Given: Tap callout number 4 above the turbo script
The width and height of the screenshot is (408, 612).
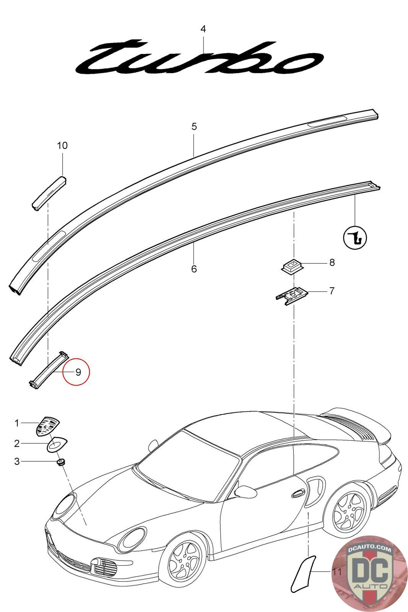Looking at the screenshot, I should (x=203, y=29).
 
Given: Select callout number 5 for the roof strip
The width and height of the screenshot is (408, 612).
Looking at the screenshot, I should (x=194, y=127).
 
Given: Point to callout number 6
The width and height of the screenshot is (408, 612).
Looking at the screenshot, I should (x=194, y=269).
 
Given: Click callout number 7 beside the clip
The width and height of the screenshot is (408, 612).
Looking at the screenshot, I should (x=332, y=291).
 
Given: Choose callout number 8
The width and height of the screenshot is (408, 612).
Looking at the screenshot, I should (x=332, y=262).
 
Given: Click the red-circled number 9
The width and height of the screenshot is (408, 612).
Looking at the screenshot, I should (x=78, y=372).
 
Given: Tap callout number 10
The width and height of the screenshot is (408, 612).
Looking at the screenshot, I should (x=62, y=146).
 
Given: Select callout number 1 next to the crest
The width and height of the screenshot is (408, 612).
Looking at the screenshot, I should (x=17, y=423).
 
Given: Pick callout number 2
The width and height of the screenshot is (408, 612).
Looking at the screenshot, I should (x=17, y=443).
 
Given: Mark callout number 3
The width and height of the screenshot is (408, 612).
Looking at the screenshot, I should (x=17, y=462).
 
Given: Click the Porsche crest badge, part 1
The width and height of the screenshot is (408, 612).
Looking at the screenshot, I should (x=48, y=426).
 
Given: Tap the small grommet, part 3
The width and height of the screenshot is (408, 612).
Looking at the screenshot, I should (x=60, y=463).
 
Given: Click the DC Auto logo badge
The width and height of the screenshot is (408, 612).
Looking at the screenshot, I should (x=369, y=573).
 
